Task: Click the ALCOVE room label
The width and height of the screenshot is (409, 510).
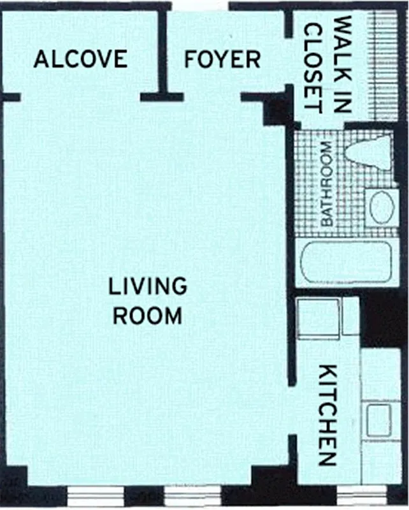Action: (x=80, y=59)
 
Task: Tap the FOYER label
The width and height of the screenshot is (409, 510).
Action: (x=222, y=59)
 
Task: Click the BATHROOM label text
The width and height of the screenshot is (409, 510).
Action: (x=327, y=185)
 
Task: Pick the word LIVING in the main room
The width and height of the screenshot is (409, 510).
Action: (x=148, y=286)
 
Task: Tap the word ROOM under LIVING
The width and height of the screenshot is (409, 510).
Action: (x=148, y=316)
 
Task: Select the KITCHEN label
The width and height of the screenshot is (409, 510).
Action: (x=327, y=415)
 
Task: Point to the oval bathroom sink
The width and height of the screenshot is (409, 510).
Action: (x=382, y=207)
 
